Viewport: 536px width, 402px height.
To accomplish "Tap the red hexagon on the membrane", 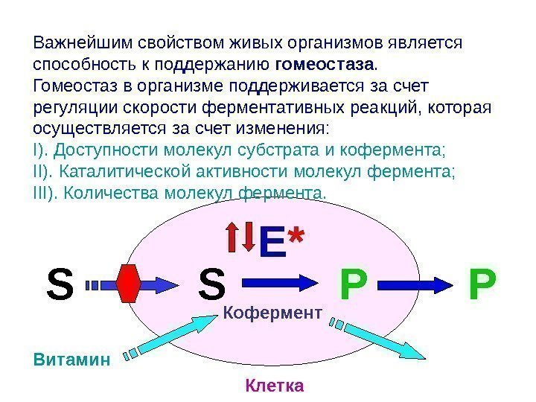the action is point(130,283).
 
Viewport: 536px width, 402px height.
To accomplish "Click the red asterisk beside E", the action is point(297,237).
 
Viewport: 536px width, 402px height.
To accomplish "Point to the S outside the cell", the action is point(60,283).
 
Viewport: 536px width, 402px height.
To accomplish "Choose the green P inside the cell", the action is point(354,283).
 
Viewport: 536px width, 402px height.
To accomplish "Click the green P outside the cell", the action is point(482,283).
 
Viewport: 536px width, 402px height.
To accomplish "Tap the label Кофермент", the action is point(272,313).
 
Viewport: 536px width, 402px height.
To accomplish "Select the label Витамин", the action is point(71,360).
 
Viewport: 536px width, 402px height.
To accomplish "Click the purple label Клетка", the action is point(274,386).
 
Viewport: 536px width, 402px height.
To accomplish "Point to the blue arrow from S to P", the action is point(279,283).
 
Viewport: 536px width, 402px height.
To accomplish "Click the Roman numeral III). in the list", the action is point(48,194).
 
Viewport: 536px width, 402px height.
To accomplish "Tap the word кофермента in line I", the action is point(392,149).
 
